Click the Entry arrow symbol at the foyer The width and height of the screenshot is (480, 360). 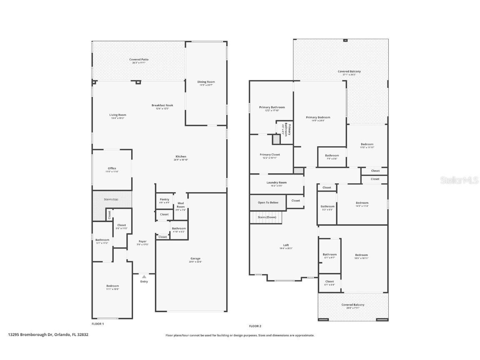point(144,276)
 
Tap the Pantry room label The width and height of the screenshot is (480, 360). point(165,200)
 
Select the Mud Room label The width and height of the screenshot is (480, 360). point(180,205)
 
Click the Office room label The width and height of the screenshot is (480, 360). point(112,168)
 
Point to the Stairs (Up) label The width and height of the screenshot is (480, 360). point(111,199)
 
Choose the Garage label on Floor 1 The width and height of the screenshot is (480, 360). point(195,258)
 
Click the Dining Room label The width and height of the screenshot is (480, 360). point(206,82)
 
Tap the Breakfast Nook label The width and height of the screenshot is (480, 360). point(162,105)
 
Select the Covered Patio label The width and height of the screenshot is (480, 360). point(139,60)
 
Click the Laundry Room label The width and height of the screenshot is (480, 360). point(277,182)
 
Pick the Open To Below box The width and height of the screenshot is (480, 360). point(268,202)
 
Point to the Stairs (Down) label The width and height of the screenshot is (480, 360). point(267,217)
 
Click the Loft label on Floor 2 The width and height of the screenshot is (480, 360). point(286,245)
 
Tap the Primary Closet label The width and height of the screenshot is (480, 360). point(270,155)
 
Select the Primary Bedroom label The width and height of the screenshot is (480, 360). point(318,117)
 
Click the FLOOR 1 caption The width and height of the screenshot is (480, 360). point(98,324)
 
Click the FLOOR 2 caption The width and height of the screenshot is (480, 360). point(255,326)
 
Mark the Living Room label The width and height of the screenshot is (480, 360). point(117,115)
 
